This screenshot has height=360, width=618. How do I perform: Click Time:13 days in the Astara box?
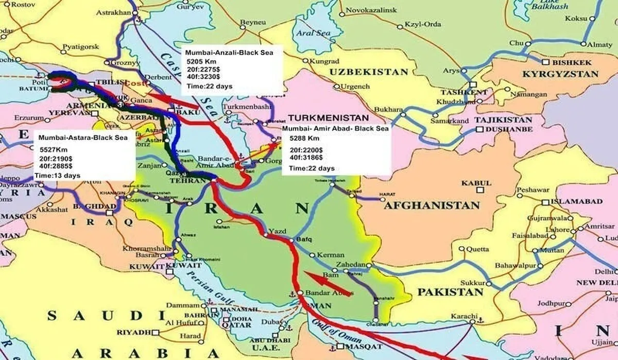coord(57,176)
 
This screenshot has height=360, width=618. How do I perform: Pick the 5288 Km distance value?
coord(304,139)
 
